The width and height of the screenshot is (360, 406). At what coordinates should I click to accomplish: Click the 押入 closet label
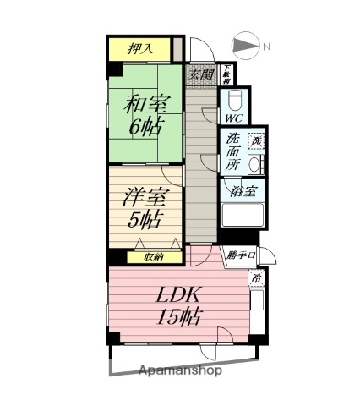pyautogui.click(x=139, y=49)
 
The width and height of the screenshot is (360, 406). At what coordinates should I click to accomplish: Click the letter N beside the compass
pyautogui.click(x=265, y=47)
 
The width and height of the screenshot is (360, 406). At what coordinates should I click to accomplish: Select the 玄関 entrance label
pyautogui.click(x=200, y=74)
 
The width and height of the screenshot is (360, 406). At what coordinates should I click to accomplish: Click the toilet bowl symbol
pyautogui.click(x=236, y=96)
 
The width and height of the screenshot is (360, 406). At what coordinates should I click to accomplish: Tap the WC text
pyautogui.click(x=234, y=118)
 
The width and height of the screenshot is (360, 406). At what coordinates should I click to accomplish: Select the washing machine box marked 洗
pyautogui.click(x=254, y=140)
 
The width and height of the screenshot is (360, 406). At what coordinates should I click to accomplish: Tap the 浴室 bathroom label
pyautogui.click(x=243, y=190)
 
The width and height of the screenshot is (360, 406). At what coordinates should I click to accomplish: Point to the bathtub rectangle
pyautogui.click(x=243, y=215)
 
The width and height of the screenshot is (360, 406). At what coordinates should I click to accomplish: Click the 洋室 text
pyautogui.click(x=142, y=196)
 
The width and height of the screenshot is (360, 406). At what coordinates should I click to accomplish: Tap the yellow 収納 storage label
pyautogui.click(x=153, y=256)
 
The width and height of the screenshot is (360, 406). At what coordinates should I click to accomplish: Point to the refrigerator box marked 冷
pyautogui.click(x=254, y=277)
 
